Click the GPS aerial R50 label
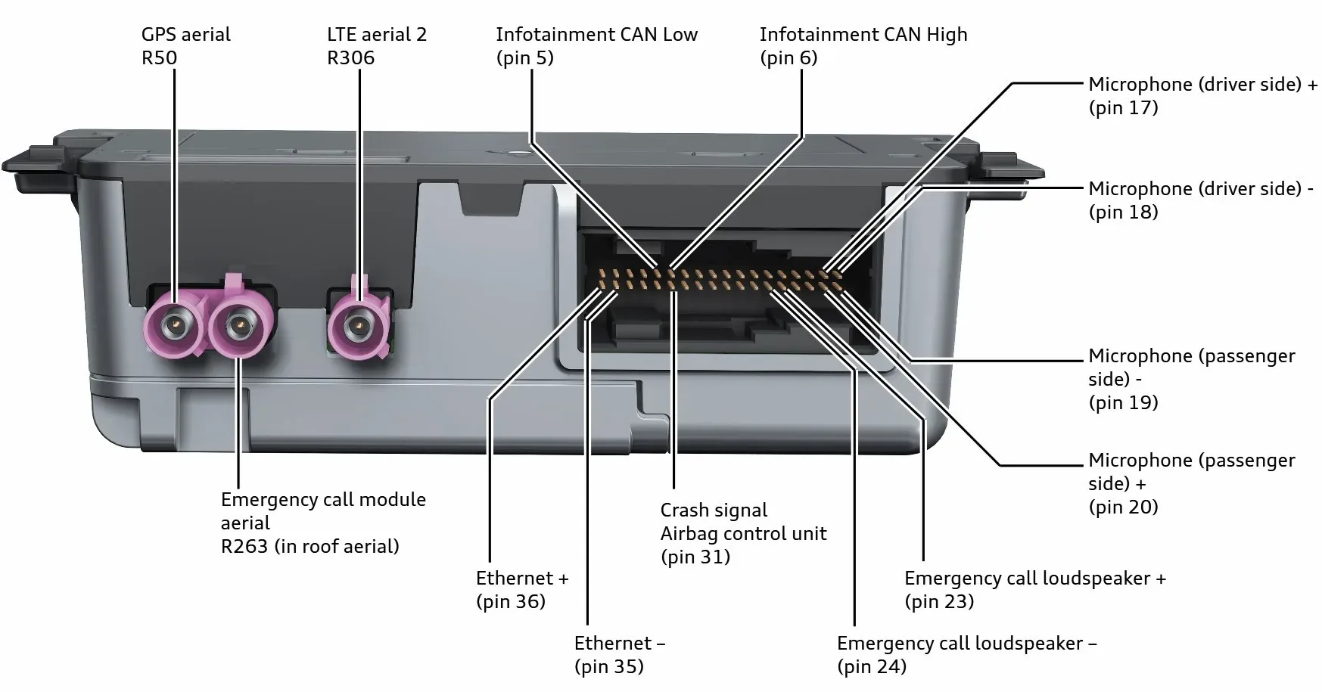tap(185, 45)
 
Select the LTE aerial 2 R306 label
tap(377, 45)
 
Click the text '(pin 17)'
tap(1124, 107)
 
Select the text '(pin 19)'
tap(1124, 402)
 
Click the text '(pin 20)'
tap(1124, 507)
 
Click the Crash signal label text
tap(714, 510)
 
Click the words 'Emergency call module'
tap(323, 500)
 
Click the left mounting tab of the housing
tap(30, 163)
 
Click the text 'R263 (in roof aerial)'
tap(310, 547)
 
